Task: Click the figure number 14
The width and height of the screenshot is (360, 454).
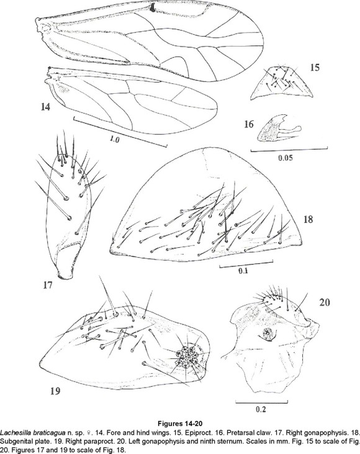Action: [46, 107]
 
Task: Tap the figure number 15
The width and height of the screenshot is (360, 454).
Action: [315, 68]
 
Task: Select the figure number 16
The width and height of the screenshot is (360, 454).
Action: [248, 124]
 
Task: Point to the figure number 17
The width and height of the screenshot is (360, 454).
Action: [48, 285]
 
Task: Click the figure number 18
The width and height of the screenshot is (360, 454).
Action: [308, 219]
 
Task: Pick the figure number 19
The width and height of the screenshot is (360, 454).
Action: [55, 391]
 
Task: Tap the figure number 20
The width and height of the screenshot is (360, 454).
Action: [325, 302]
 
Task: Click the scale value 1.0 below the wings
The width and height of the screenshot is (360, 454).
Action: [114, 139]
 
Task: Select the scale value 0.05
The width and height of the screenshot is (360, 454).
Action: [286, 158]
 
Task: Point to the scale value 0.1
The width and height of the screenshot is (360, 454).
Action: [243, 271]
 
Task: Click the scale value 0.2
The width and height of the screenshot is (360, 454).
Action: [261, 409]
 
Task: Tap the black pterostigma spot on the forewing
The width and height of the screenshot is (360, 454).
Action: [152, 8]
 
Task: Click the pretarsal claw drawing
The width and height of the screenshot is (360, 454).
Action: [279, 129]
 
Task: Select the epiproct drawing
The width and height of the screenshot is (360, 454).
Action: [281, 83]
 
